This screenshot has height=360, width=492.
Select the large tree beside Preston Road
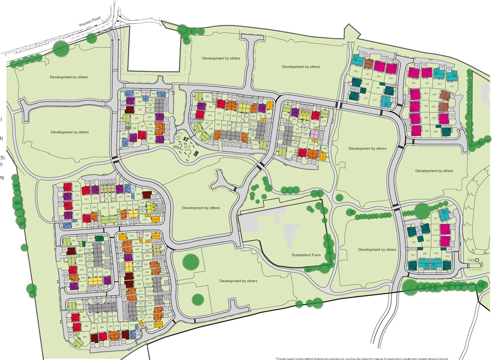click(61, 48)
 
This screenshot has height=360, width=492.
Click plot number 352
click(356, 72)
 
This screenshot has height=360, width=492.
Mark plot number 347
click(375, 99)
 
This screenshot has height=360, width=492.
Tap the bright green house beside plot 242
click(99, 238)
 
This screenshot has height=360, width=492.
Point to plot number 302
click(207, 97)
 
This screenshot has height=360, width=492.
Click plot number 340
click(291, 152)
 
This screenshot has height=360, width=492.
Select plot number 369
click(436, 253)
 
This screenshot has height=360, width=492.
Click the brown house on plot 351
click(369, 64)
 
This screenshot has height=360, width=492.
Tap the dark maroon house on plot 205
click(147, 195)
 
